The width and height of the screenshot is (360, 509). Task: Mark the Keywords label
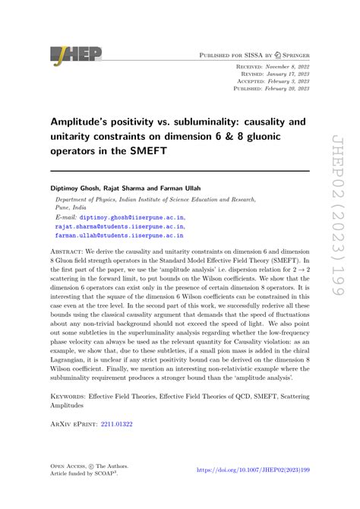(x=72, y=417)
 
